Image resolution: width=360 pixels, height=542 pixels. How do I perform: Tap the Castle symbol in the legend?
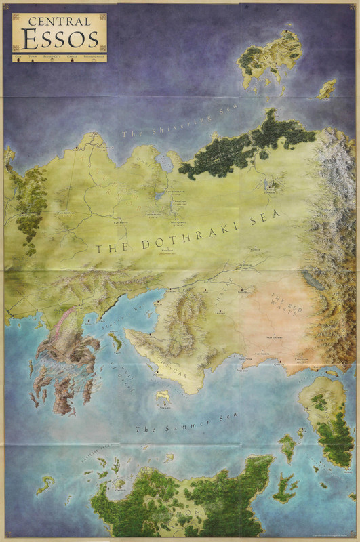[73, 60]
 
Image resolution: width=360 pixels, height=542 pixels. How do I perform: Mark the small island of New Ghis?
[163, 397]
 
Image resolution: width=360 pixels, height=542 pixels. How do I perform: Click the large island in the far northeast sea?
[271, 58]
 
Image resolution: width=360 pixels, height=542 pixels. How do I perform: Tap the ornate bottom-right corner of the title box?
[102, 47]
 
